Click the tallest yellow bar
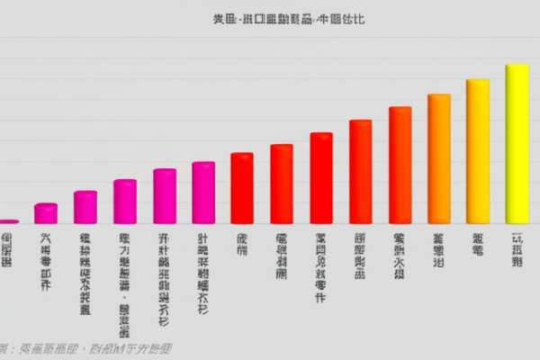pos(517,144)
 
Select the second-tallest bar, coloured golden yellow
pos(477,151)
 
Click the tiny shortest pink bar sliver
pos(8,220)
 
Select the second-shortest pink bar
pos(46,213)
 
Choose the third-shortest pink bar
pos(85,207)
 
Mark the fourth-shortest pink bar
pos(125,202)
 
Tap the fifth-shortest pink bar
pos(165,196)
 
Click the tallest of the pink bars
pos(203,193)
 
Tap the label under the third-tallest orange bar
pos(438,251)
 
